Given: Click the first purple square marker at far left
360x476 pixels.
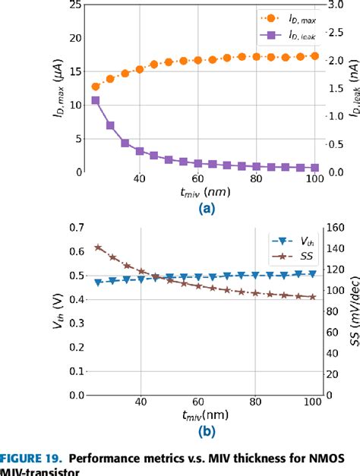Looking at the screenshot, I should point(95,100).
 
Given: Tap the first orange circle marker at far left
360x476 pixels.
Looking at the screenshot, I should point(95,87).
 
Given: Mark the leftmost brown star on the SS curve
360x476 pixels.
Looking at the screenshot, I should point(96,247).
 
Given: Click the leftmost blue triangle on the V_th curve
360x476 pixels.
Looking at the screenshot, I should point(96,282).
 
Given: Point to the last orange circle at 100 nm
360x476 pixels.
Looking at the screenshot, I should point(314,56).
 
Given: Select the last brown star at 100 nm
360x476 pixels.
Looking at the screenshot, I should point(313,297).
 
